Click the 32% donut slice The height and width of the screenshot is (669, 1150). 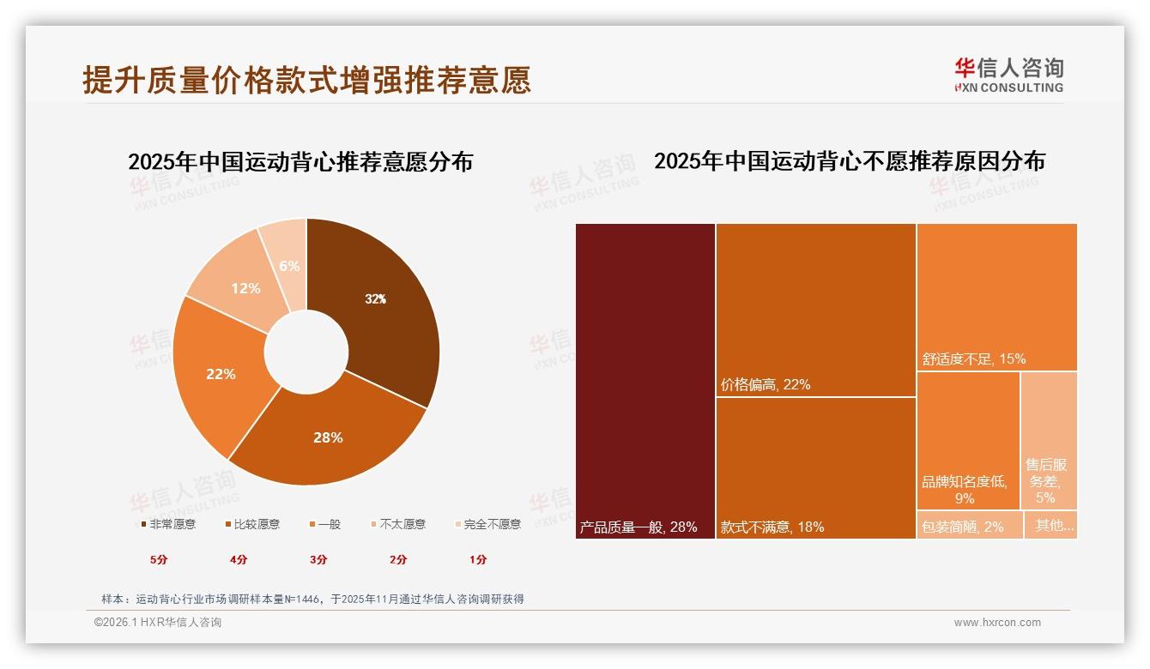pyautogui.click(x=375, y=299)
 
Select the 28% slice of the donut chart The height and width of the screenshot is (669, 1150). pyautogui.click(x=328, y=437)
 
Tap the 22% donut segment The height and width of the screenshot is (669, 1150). pyautogui.click(x=221, y=374)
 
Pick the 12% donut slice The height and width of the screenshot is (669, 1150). pyautogui.click(x=245, y=288)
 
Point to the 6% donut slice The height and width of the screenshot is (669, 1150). pyautogui.click(x=289, y=266)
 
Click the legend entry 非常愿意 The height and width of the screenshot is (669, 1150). pyautogui.click(x=167, y=524)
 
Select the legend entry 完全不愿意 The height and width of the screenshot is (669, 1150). pyautogui.click(x=487, y=524)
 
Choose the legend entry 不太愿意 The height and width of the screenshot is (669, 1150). pyautogui.click(x=397, y=524)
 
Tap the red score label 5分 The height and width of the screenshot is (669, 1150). pyautogui.click(x=159, y=559)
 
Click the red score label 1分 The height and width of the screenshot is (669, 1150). pyautogui.click(x=478, y=559)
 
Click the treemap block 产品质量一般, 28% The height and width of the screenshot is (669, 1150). pyautogui.click(x=645, y=381)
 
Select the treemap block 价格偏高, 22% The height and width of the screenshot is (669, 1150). pyautogui.click(x=815, y=310)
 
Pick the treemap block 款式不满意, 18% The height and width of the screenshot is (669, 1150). pyautogui.click(x=815, y=468)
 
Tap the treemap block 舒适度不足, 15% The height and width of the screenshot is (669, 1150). pyautogui.click(x=996, y=297)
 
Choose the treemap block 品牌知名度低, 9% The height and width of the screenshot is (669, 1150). pyautogui.click(x=967, y=441)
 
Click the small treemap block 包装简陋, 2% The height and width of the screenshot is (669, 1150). pyautogui.click(x=969, y=526)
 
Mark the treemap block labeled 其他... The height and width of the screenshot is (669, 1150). pyautogui.click(x=1051, y=526)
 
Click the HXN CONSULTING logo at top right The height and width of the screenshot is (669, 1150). pyautogui.click(x=1008, y=75)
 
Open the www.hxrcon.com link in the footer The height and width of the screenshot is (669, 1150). pyautogui.click(x=997, y=623)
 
